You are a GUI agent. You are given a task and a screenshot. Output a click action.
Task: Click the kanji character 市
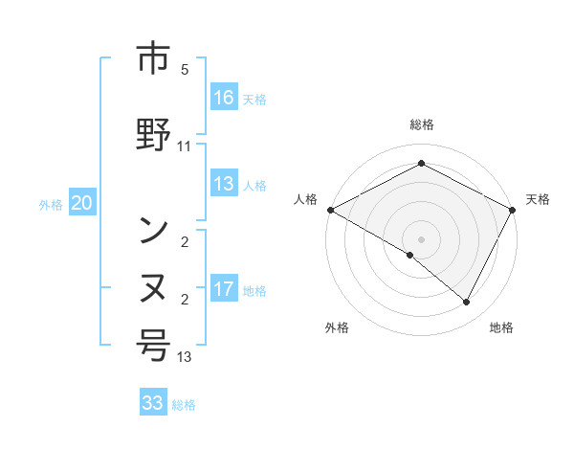[x=154, y=60]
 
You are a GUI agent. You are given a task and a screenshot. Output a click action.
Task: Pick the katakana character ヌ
[x=154, y=286]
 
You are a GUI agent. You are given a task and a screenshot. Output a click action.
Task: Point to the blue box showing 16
[x=224, y=98]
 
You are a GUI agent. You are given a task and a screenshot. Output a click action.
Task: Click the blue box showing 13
[x=224, y=185]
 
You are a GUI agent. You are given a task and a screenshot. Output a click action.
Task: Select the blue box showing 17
[x=224, y=289]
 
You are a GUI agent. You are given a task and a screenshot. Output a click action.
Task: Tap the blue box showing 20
[x=81, y=203]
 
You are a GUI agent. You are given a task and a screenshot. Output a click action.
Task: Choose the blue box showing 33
[x=152, y=403]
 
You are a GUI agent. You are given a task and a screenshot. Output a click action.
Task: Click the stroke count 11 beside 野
[x=185, y=146]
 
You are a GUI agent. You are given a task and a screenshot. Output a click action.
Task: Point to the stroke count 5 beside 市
[x=185, y=70]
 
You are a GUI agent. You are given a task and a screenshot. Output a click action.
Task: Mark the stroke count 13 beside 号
[x=185, y=357]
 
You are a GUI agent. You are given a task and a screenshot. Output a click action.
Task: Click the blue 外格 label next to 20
[x=51, y=204]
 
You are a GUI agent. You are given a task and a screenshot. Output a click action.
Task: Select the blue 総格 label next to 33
[x=184, y=405]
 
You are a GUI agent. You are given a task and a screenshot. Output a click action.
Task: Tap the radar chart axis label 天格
[x=538, y=199]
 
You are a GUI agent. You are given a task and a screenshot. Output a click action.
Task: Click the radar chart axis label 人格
[x=305, y=199]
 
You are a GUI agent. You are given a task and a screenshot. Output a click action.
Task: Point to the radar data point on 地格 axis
[x=467, y=303]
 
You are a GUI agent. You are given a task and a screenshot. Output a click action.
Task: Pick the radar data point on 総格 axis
[x=421, y=164]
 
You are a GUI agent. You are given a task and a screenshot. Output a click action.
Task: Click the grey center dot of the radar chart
[x=421, y=238]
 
